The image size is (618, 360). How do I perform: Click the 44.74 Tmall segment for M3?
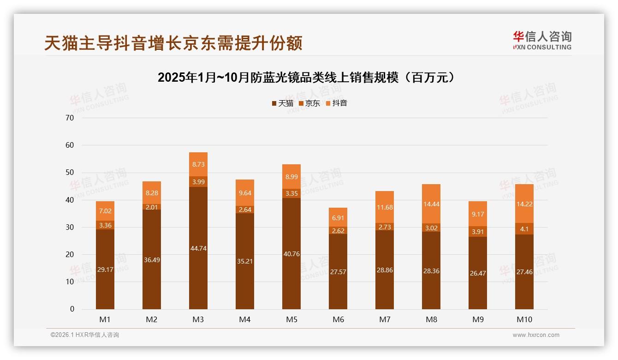(198, 248)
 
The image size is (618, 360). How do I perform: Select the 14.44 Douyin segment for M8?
(431, 204)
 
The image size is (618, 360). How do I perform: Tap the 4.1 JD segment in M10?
(524, 228)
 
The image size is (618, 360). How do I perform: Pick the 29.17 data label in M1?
(105, 269)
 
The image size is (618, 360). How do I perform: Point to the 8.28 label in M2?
(152, 193)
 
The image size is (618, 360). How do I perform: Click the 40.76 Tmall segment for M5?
(291, 253)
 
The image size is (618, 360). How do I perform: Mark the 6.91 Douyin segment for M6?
(338, 217)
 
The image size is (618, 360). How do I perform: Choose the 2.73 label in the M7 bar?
(385, 227)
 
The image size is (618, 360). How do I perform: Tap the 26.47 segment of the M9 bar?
(477, 273)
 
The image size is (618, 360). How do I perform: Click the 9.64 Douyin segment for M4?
(245, 193)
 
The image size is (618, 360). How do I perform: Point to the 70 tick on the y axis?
(70, 118)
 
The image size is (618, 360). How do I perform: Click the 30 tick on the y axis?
(70, 227)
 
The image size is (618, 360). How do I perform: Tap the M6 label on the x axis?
(338, 319)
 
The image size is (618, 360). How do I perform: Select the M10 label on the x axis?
(524, 319)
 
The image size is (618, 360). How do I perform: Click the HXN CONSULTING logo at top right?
(542, 41)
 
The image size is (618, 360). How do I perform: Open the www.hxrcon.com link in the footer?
(535, 335)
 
